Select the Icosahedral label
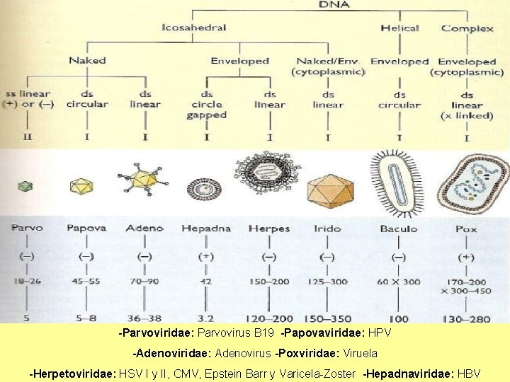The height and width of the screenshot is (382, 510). [x=194, y=28]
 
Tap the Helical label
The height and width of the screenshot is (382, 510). [x=399, y=28]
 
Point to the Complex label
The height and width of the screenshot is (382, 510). [x=467, y=28]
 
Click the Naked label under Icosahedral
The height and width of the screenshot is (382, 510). [x=87, y=61]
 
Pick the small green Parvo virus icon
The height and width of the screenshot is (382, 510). [x=25, y=186]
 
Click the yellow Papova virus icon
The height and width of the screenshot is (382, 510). [x=81, y=185]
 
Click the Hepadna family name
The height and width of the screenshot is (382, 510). [x=206, y=228]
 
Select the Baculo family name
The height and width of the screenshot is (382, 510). [x=399, y=228]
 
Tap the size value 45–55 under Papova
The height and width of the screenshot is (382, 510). [x=85, y=281]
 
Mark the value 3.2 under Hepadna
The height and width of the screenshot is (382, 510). [x=206, y=318]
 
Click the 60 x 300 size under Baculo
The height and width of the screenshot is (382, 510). [x=399, y=281]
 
